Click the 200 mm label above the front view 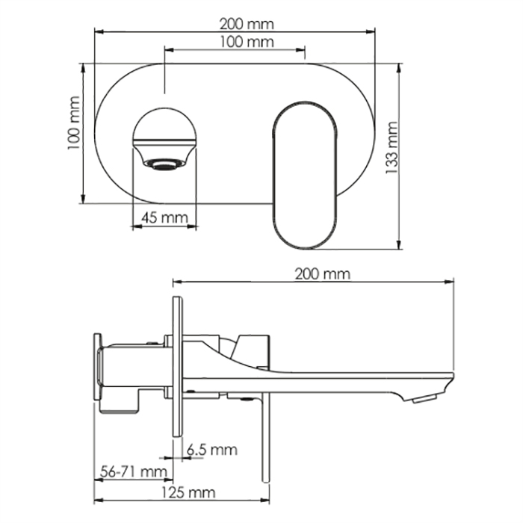pyautogui.click(x=247, y=24)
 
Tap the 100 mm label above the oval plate pyautogui.click(x=247, y=42)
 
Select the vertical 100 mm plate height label pyautogui.click(x=74, y=123)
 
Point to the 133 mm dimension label pyautogui.click(x=392, y=147)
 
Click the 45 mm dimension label pyautogui.click(x=165, y=218)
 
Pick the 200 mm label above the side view pyautogui.click(x=323, y=274)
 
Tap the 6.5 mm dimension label pyautogui.click(x=211, y=450)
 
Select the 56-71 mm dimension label pyautogui.click(x=134, y=471)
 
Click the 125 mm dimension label pyautogui.click(x=188, y=492)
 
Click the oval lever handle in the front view pyautogui.click(x=305, y=175)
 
